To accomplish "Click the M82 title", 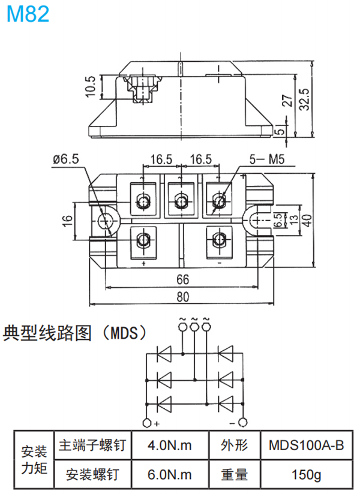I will click(x=28, y=14).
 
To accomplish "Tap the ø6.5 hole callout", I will click(x=65, y=159).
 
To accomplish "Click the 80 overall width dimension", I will click(x=182, y=296).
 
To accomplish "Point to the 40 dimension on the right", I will click(x=308, y=221).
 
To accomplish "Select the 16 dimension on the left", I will click(x=67, y=221).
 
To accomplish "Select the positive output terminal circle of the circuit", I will click(x=147, y=423).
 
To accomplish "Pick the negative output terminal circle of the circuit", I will click(x=242, y=423).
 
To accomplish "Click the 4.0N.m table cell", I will click(x=169, y=446).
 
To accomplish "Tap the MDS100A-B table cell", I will click(x=306, y=446).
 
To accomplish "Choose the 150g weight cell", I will click(x=306, y=475).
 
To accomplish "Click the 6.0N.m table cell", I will click(x=169, y=475).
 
